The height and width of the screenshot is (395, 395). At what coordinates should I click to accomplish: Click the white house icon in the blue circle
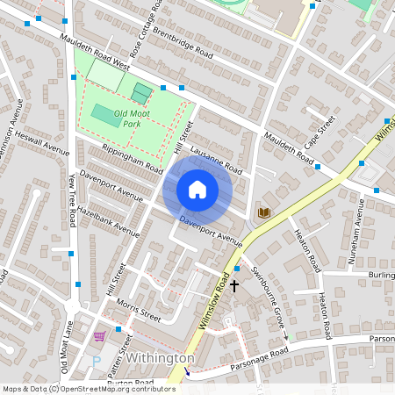(197, 189)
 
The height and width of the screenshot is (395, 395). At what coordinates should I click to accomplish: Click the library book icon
(263, 212)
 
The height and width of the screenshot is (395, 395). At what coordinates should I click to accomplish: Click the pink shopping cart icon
(99, 335)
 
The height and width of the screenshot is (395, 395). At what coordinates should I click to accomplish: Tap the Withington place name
(159, 359)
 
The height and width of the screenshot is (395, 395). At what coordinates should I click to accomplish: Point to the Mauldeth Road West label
(95, 53)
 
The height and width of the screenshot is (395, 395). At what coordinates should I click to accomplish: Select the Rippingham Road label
(133, 157)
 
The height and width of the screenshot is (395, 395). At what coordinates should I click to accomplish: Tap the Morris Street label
(138, 312)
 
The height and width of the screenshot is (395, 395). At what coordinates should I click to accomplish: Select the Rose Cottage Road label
(147, 26)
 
